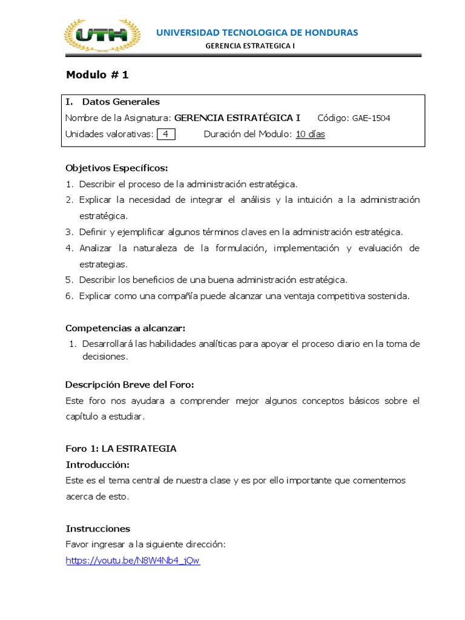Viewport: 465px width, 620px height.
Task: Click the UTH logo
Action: pos(102,35)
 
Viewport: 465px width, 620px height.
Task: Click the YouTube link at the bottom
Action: pos(133,561)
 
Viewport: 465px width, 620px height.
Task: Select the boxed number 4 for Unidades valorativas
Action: pos(165,134)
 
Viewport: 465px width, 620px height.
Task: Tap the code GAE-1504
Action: pos(371,118)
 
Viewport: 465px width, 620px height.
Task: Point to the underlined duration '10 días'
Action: pos(310,134)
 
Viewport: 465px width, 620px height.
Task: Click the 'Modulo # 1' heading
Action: pos(97,75)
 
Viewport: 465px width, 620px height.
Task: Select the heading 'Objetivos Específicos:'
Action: pos(117,168)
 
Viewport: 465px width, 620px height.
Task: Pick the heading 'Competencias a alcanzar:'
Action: pos(125,328)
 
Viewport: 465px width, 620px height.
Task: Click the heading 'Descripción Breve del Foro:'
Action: pos(130,385)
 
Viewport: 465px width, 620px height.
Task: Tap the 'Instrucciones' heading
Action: pos(97,529)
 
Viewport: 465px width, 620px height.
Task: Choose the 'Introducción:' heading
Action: pos(97,464)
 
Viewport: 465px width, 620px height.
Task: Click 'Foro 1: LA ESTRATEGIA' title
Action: pos(121,449)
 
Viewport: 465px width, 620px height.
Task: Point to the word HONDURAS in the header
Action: pos(332,32)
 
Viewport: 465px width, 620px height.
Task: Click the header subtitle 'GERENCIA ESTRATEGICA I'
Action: pos(251,45)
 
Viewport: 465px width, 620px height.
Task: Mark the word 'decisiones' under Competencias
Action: pos(105,357)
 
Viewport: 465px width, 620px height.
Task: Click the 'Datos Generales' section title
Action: pos(121,102)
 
